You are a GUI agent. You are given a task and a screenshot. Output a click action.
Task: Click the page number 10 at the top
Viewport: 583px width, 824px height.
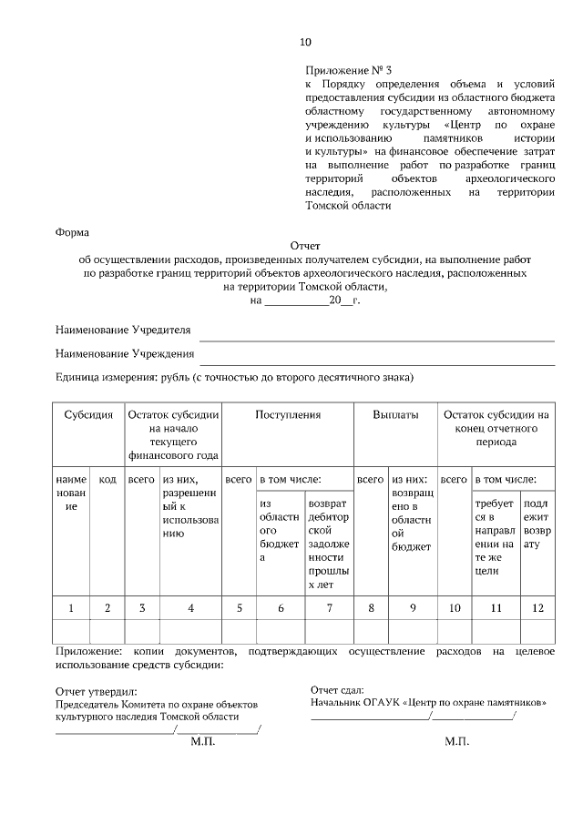(305, 42)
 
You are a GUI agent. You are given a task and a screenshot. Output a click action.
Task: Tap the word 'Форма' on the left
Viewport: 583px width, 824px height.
(73, 232)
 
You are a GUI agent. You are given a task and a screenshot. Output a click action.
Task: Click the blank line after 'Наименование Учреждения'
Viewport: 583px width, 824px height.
(377, 358)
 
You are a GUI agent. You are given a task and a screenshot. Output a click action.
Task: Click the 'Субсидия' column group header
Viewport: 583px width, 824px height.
(88, 414)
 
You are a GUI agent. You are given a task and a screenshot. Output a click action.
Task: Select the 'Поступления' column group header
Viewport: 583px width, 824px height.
(288, 414)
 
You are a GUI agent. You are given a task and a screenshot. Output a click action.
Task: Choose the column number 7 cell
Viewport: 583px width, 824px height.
(328, 607)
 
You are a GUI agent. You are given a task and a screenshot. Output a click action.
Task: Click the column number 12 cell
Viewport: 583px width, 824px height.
(538, 607)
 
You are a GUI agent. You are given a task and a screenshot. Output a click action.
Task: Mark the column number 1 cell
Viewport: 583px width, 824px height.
(71, 607)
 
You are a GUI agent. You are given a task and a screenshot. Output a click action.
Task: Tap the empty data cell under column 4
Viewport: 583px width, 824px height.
(190, 631)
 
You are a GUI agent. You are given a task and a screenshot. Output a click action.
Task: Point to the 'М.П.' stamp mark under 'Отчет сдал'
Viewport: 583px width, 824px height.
(456, 742)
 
